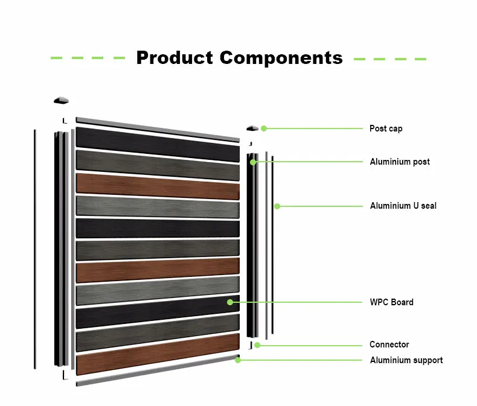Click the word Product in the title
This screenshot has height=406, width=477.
coord(175,58)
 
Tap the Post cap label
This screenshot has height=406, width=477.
coord(386,128)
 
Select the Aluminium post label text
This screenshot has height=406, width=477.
coord(400,162)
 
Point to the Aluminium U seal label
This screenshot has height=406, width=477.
coord(403,206)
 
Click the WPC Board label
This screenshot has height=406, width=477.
coord(391,302)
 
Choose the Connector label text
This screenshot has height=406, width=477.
coord(389,344)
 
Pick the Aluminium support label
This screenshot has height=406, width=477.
coord(406,360)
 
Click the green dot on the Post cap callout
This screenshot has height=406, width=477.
coord(264,128)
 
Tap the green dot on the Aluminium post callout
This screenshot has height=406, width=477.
coord(254,162)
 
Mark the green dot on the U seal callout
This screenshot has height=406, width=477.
coord(277,206)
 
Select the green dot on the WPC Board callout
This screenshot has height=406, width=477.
coord(229,302)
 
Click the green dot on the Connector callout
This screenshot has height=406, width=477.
coord(257,345)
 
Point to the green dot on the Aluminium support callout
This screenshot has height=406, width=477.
coord(238,360)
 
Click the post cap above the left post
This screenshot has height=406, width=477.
coord(61,100)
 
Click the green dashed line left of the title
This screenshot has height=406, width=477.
coord(88,59)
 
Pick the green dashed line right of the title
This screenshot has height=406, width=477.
coord(389,59)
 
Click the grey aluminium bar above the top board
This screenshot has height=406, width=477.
coord(157,129)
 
